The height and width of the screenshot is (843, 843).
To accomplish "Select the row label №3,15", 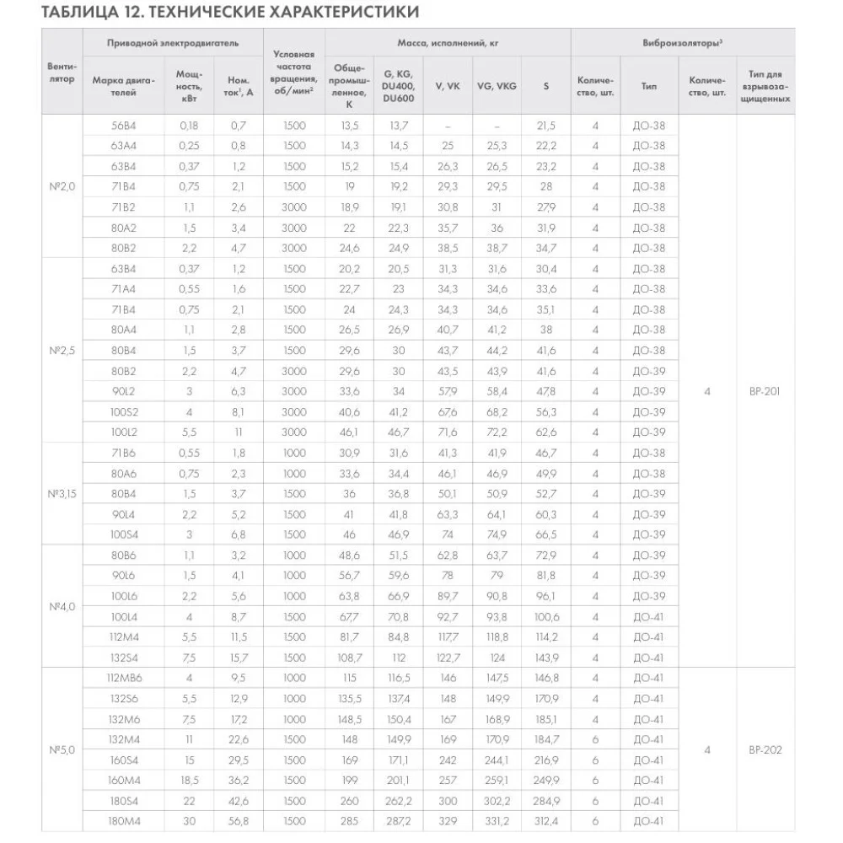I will tap(62, 493).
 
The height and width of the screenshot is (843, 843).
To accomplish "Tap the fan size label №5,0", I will tap(62, 749).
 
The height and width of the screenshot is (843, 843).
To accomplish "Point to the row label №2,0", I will tap(62, 186).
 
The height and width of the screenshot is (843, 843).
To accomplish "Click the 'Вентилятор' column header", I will tap(62, 72).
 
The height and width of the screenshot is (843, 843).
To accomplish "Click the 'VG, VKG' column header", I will tap(497, 85).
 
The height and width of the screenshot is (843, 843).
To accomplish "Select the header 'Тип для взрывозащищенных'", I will tap(765, 85).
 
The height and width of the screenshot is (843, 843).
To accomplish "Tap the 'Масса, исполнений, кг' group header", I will tap(448, 41).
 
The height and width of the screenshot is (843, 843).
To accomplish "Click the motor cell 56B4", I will tap(124, 125).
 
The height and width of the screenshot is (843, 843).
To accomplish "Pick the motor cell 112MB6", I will tap(124, 678).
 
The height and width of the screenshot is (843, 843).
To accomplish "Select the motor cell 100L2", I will tap(124, 432).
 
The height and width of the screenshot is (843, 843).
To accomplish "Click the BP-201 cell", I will tap(765, 391).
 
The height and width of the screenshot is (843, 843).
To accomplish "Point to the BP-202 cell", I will tap(765, 749).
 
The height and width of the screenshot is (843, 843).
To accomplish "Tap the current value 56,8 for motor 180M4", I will tap(239, 821).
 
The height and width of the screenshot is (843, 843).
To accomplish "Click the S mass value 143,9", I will tap(545, 658).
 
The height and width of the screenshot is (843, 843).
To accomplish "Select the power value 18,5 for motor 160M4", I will tap(190, 780).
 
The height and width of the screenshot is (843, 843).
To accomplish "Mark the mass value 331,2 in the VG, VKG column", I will tap(497, 821).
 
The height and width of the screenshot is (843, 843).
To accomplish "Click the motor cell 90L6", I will tap(124, 576).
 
